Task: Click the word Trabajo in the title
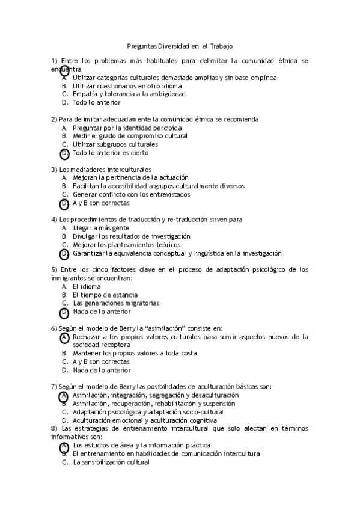(221, 45)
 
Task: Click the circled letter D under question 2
(64, 153)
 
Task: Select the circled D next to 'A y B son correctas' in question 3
(64, 204)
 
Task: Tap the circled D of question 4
(64, 254)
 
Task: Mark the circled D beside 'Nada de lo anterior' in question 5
(64, 312)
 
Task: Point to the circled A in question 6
(64, 337)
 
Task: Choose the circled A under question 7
(64, 396)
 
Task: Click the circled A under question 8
(64, 446)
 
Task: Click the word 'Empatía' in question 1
(84, 94)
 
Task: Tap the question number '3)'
(54, 170)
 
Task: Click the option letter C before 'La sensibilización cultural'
(64, 462)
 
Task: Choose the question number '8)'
(54, 428)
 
